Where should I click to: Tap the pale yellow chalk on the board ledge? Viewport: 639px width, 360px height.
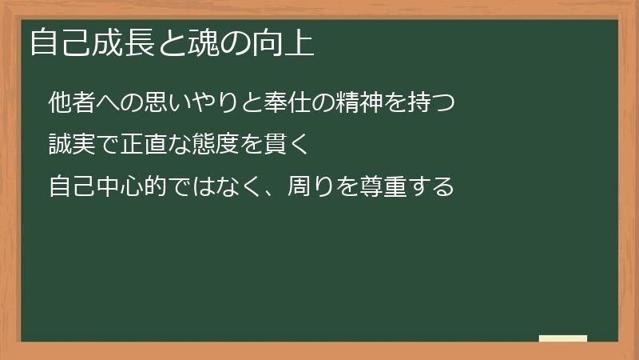coord(563,338)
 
